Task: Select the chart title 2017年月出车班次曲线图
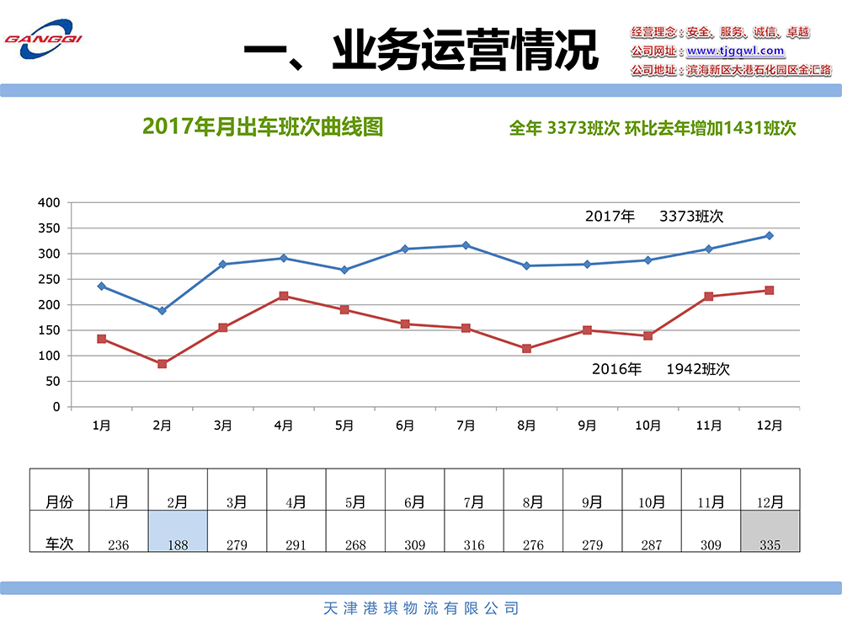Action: pos(263,126)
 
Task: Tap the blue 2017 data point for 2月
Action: pos(162,311)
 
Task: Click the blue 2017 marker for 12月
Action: pos(769,236)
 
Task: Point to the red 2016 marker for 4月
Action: pos(284,296)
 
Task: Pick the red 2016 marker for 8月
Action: pos(526,349)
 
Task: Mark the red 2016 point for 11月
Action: pos(708,297)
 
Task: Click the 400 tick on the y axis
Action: pos(50,202)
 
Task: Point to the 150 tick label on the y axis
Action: pos(50,330)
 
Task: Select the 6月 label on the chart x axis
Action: pos(405,426)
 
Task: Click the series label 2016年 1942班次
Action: pos(660,369)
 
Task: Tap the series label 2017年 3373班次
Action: pos(654,217)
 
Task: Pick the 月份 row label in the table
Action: pos(59,502)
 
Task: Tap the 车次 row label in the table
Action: pos(59,544)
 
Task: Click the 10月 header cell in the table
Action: pos(651,502)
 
